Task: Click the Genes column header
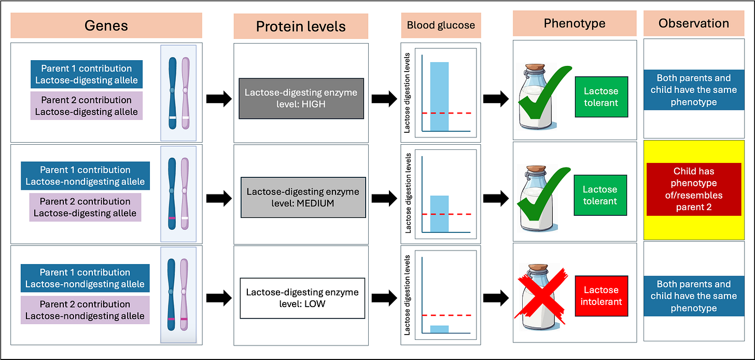coord(106,25)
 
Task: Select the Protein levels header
coord(301,26)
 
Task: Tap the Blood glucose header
coord(440,25)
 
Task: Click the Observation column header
coord(693,23)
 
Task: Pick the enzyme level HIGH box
coord(301,99)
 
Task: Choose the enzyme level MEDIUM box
coord(303,198)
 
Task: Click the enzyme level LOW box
coord(302,298)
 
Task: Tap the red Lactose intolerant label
coord(601,296)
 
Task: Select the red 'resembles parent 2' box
coord(694,189)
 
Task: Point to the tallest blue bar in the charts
coord(439,96)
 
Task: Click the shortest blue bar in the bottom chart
coord(439,329)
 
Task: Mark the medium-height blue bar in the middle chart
coord(439,214)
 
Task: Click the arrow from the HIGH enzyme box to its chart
coord(383,99)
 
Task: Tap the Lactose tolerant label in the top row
coord(601,97)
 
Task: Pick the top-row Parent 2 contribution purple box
coord(87,106)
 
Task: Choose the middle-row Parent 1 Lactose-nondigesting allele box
coord(86,176)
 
